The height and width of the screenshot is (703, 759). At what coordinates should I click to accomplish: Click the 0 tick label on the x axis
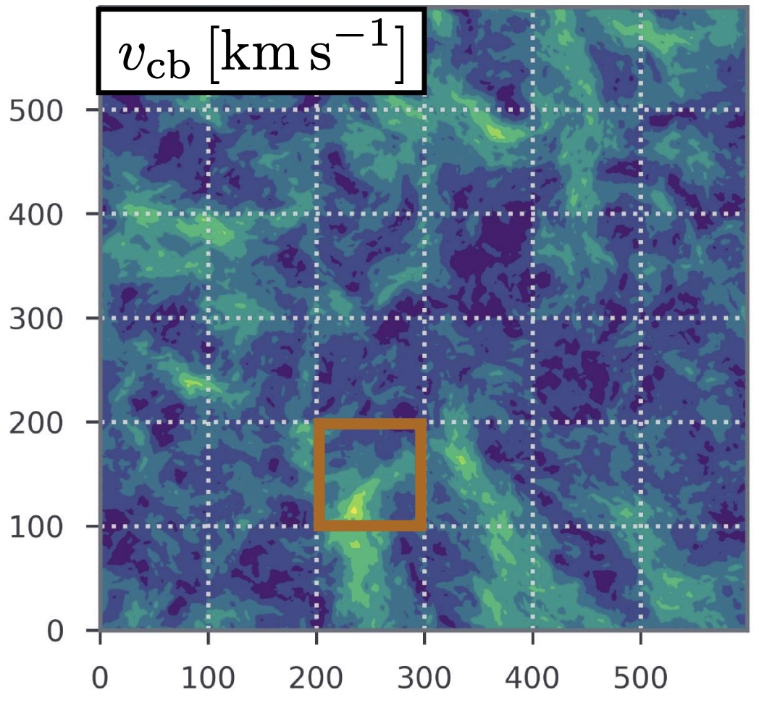click(x=100, y=679)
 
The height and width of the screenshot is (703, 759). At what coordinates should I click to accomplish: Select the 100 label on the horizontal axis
click(x=208, y=679)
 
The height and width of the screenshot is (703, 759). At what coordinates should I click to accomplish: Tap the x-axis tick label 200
click(x=316, y=679)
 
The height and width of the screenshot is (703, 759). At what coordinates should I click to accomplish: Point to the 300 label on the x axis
click(x=424, y=679)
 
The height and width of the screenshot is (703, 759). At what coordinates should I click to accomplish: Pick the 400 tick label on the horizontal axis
click(x=532, y=679)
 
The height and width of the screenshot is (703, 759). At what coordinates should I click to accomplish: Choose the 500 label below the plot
click(x=641, y=679)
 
